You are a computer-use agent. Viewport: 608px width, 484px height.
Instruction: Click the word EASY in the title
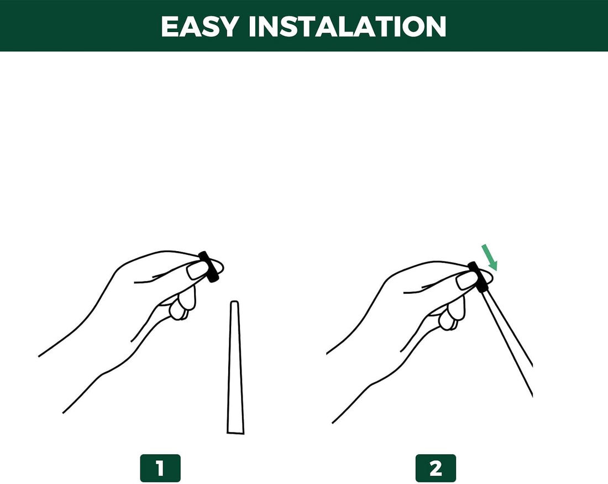pos(200,27)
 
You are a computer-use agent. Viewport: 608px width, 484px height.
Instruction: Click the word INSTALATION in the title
pos(348,27)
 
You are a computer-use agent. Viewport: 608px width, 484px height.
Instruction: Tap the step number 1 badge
pos(160,468)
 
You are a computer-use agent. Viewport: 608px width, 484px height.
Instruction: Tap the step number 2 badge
pos(436,468)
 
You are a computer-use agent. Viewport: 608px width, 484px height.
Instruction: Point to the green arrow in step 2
pos(489,257)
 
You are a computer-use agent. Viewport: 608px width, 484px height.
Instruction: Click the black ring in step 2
pos(478,277)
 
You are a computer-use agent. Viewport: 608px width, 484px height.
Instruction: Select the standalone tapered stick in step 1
pos(235,367)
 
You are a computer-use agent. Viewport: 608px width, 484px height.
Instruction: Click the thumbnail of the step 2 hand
pos(466,280)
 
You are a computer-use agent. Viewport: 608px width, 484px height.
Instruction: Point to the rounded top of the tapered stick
pos(234,301)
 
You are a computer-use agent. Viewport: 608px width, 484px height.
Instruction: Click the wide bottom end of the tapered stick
pos(236,433)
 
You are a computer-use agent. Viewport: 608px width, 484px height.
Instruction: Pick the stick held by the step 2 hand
pos(509,344)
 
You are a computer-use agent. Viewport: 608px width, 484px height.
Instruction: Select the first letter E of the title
pos(169,27)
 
